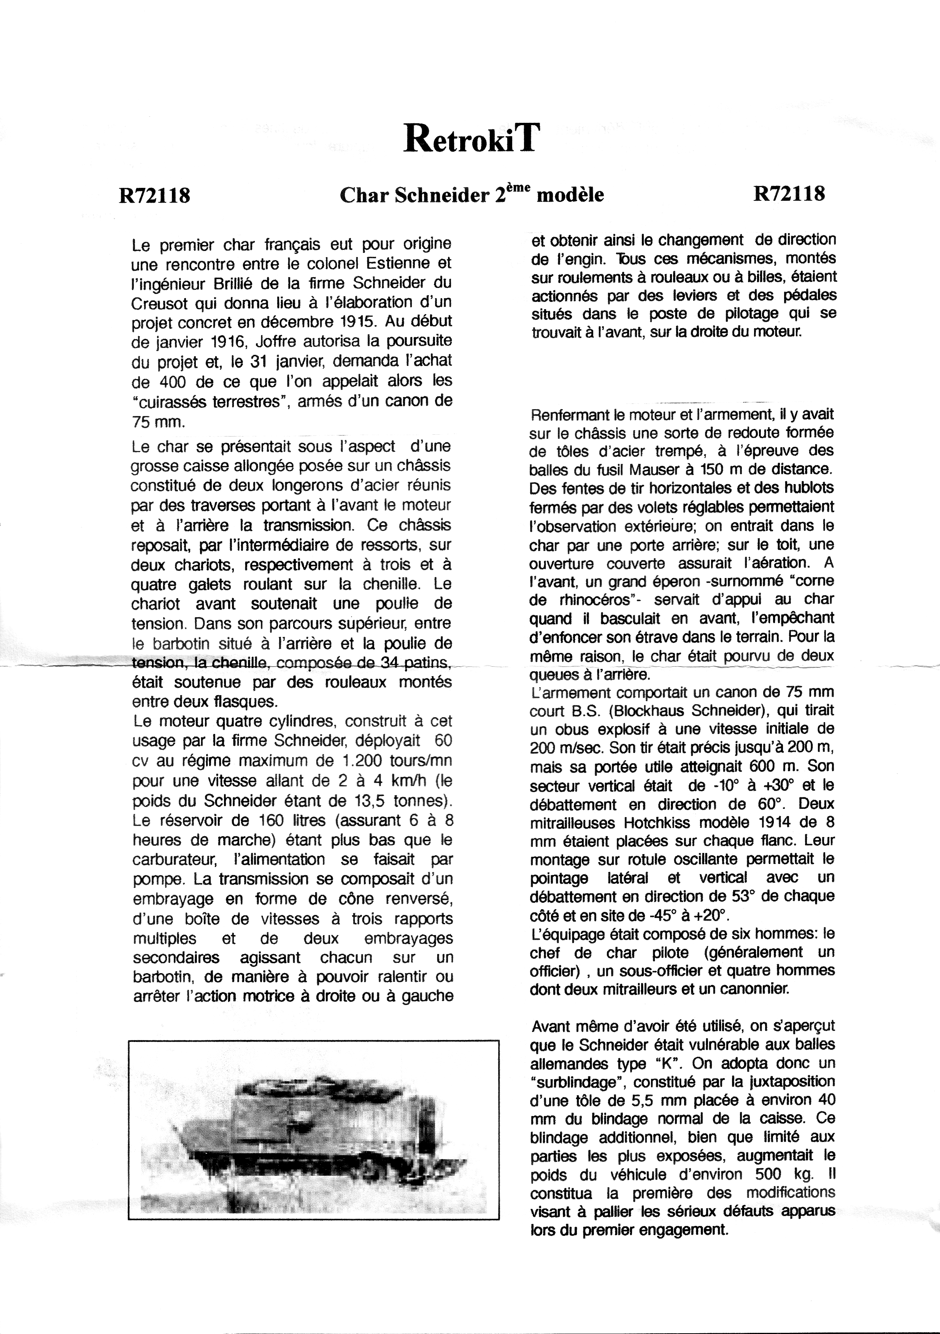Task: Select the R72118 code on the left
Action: [x=154, y=195]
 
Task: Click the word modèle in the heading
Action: [x=570, y=195]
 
